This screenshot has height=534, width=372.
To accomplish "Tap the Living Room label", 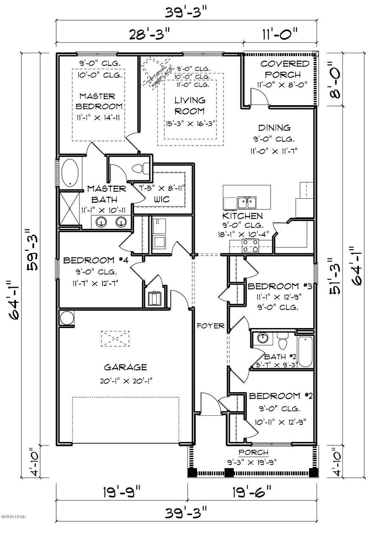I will coord(190,106).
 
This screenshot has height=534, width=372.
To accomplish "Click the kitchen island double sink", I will coord(246,203).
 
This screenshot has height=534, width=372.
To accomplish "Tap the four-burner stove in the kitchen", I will coord(250,245).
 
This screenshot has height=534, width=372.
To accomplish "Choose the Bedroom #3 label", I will coord(280,287).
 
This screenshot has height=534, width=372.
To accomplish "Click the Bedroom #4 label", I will coord(95,260).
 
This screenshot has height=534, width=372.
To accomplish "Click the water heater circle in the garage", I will coord(66,318).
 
